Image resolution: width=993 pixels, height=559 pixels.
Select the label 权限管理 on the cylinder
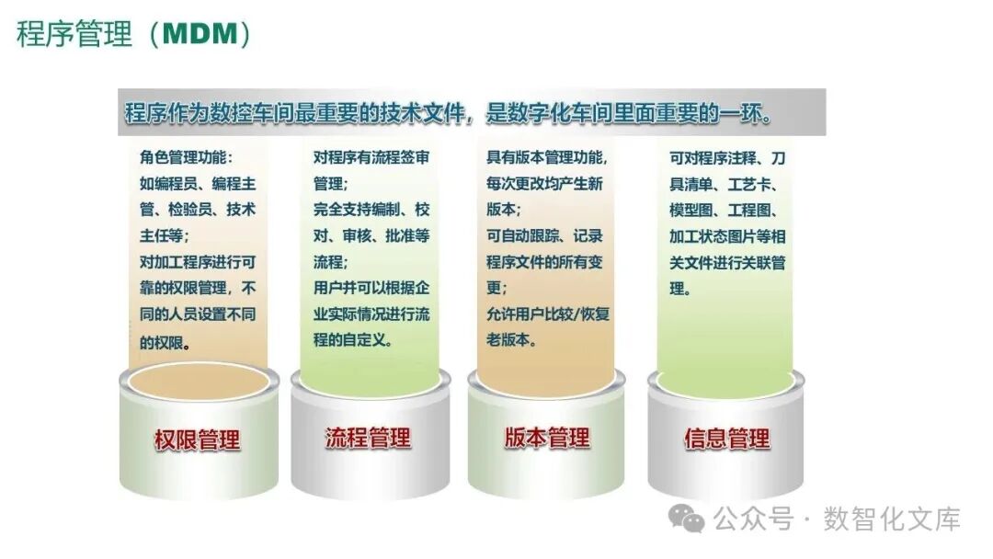[x=197, y=439]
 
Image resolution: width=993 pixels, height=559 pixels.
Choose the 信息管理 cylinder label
[x=726, y=439]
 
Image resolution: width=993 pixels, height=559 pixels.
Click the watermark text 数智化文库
[x=891, y=519]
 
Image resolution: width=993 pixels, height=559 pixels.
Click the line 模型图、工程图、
[x=726, y=210]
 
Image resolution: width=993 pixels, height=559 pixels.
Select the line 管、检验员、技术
[x=197, y=210]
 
